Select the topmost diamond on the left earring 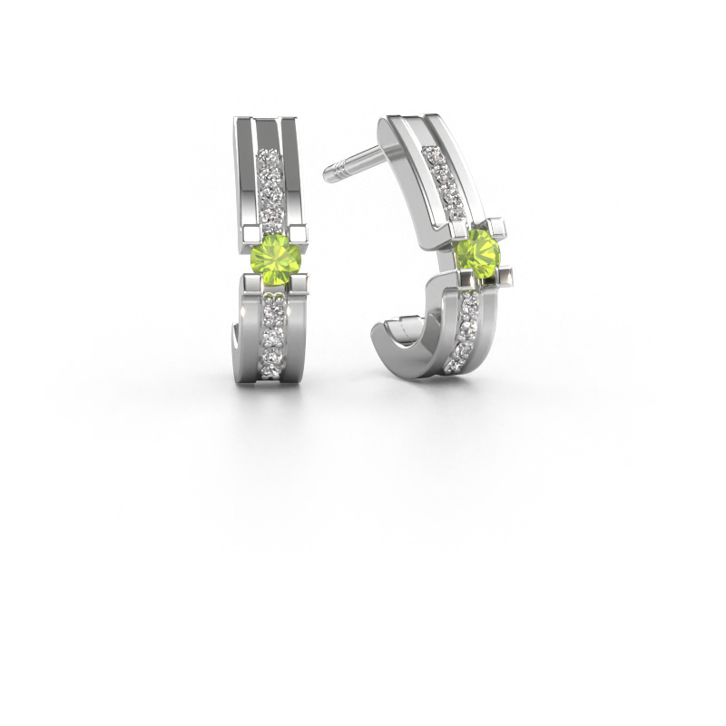tap(269, 158)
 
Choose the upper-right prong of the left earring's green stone tap(298, 232)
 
